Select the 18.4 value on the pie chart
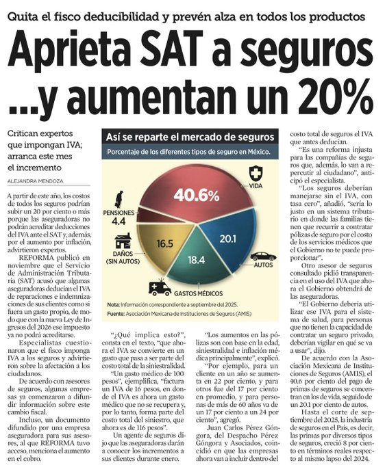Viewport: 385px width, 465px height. coord(197,260)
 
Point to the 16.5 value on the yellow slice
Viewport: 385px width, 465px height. coord(164,243)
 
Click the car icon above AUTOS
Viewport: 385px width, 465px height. coord(263,256)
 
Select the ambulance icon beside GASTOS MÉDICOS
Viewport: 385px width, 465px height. coord(159,287)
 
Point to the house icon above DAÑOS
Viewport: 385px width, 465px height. coord(123,240)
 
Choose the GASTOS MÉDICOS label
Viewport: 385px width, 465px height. coord(199,290)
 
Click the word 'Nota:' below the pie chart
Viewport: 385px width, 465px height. coord(114,304)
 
